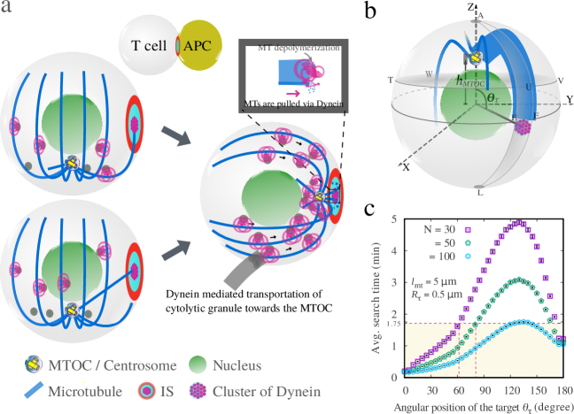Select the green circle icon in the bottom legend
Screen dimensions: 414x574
point(198,364)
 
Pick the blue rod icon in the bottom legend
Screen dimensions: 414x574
point(35,388)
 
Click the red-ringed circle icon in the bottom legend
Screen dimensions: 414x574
point(147,389)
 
